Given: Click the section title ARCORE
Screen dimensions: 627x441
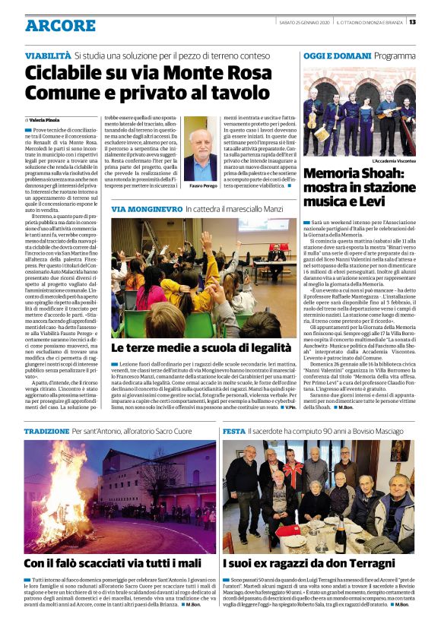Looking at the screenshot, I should pos(60,26).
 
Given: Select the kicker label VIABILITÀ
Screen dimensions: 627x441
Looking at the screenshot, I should pos(48,55).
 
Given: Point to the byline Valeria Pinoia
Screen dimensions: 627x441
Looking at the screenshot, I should pos(44,120).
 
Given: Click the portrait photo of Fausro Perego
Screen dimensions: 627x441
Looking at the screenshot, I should pos(201,148).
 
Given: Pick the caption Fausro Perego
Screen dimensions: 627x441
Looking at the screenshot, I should pos(201,185).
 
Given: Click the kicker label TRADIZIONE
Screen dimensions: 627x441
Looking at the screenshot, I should pos(46,431).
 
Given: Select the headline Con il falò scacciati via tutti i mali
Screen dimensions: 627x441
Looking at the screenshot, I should pos(113,563).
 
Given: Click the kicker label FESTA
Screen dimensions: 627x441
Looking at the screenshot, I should pos(233,431).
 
